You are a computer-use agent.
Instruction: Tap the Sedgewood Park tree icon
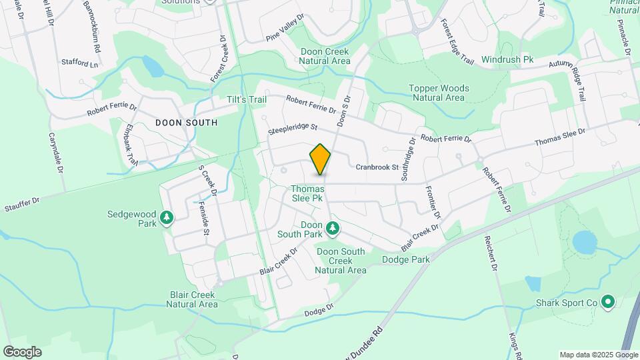[x=167, y=218]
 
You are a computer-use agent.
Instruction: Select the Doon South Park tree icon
[x=332, y=230]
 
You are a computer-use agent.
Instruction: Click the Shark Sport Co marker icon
[x=607, y=303]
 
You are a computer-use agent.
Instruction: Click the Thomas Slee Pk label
[x=307, y=193]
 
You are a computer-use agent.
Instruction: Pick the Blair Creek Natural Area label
[x=185, y=299]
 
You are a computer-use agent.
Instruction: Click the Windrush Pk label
[x=508, y=60]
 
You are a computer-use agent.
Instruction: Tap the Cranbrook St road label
[x=376, y=167]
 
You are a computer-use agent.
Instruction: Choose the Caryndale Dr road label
[x=55, y=153]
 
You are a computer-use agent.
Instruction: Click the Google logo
[x=22, y=352]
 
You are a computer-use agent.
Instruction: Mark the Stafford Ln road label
[x=80, y=63]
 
